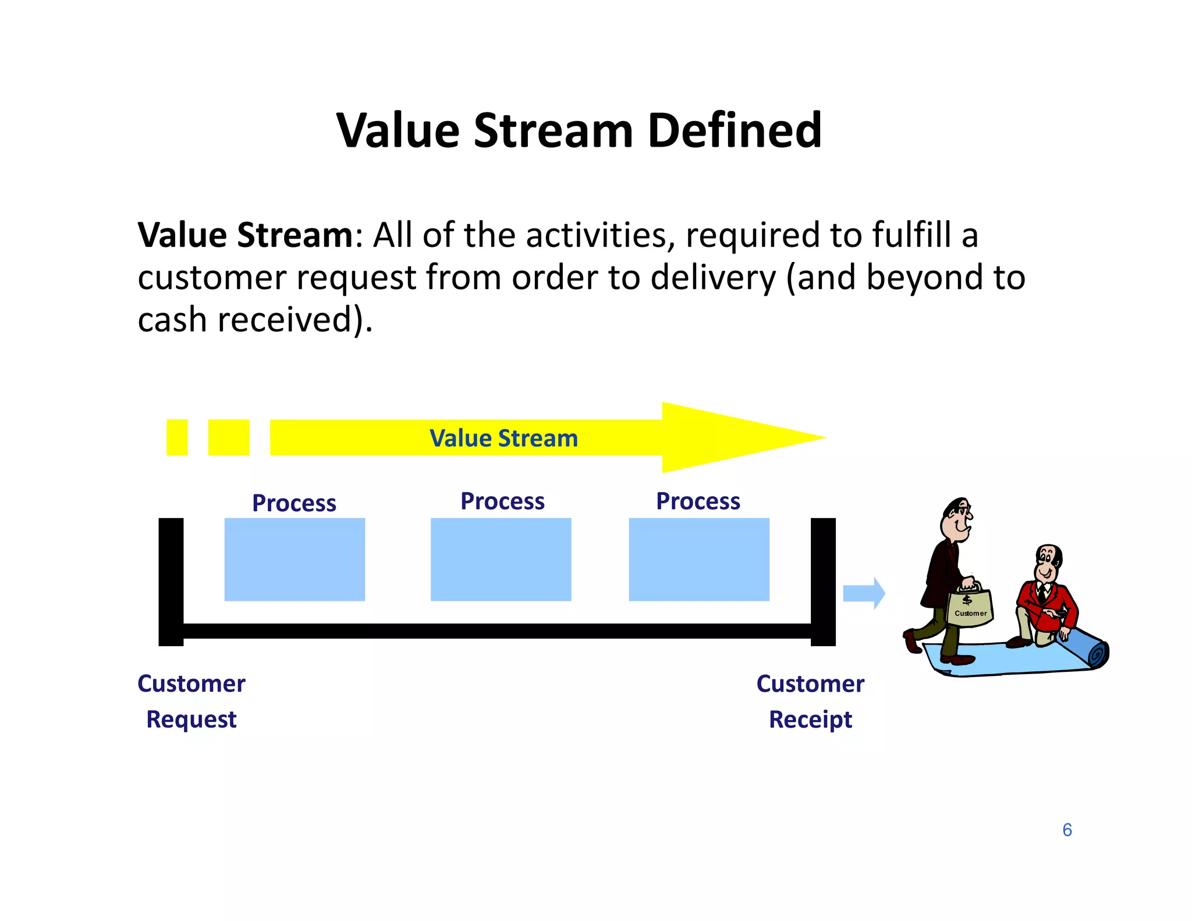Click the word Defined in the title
734,130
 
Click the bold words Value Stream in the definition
245,235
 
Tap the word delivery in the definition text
713,278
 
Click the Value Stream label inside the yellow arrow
503,438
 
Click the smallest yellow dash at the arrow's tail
177,437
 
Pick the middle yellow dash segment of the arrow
229,437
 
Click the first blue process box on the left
295,559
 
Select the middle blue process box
501,559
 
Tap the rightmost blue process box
699,559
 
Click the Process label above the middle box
502,501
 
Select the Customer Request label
191,702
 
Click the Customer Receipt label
810,702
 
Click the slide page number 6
1067,830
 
